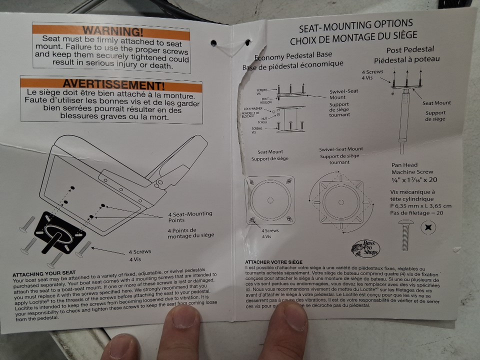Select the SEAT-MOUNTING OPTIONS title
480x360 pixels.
click(355, 25)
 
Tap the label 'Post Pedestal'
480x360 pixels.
click(410, 50)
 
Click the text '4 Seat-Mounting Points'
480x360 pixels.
click(189, 217)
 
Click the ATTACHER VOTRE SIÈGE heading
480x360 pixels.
click(273, 262)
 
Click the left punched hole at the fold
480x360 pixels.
click(213, 42)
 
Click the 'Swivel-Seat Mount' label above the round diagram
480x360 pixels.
click(341, 149)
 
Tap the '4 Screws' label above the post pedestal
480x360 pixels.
click(372, 72)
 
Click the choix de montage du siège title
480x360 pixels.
click(353, 36)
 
